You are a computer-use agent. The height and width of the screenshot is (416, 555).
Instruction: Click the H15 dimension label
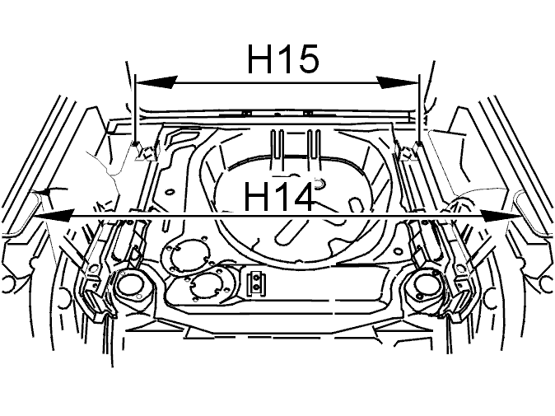[x=282, y=59]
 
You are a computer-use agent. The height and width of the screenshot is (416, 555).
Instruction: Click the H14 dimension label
[x=279, y=196]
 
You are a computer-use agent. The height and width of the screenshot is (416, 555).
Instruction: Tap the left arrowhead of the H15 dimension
[x=156, y=82]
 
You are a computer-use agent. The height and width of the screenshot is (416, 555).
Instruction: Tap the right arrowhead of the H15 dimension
[x=398, y=82]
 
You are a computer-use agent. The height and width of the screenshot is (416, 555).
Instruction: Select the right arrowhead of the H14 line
[x=501, y=215]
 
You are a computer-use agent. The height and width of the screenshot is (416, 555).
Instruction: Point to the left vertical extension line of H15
[x=135, y=108]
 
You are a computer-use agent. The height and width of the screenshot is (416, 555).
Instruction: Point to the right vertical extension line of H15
[x=419, y=108]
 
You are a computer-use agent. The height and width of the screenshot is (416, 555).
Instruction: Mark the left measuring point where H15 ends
[x=136, y=143]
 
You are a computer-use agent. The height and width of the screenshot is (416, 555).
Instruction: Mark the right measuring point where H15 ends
[x=419, y=143]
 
